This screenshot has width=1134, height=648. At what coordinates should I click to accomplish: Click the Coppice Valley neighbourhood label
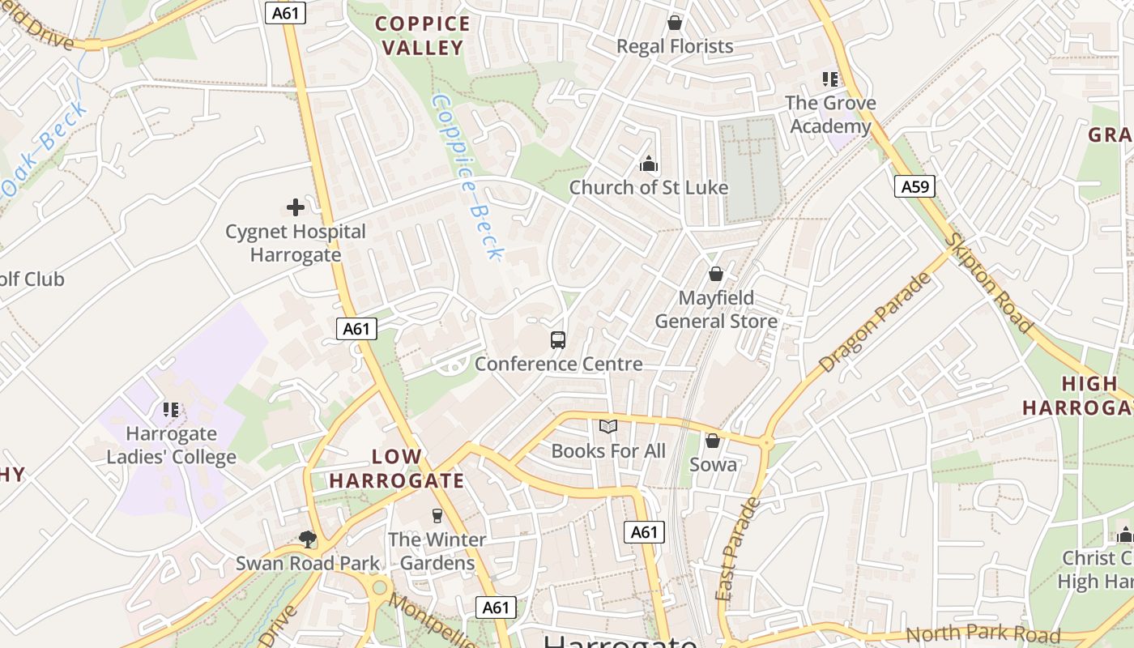[422, 36]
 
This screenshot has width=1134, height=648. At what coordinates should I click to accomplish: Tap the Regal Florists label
[675, 46]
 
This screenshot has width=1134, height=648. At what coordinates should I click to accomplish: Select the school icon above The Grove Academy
[830, 79]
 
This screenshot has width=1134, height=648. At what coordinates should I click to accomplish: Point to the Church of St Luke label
[648, 187]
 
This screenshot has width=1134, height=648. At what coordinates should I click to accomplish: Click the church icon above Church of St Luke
[648, 164]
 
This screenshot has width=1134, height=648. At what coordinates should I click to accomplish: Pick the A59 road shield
[915, 187]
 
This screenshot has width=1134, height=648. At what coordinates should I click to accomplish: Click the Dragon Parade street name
[876, 322]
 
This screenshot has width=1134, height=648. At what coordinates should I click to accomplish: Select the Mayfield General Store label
[716, 309]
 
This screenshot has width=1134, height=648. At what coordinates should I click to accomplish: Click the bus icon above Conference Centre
[558, 340]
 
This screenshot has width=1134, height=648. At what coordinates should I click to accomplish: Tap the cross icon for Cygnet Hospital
[296, 208]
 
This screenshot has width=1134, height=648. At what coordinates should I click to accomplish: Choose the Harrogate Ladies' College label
[172, 445]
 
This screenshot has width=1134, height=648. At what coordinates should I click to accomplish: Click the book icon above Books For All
[608, 426]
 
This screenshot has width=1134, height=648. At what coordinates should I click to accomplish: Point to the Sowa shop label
[713, 464]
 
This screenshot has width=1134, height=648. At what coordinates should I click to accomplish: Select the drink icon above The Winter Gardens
[437, 516]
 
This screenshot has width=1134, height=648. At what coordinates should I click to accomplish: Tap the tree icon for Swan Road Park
[307, 539]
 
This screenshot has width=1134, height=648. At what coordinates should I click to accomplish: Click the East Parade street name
[738, 549]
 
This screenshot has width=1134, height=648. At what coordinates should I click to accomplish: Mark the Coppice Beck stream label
[468, 177]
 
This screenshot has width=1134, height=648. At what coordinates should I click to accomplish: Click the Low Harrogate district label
[397, 468]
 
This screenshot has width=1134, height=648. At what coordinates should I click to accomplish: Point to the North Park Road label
[982, 634]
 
